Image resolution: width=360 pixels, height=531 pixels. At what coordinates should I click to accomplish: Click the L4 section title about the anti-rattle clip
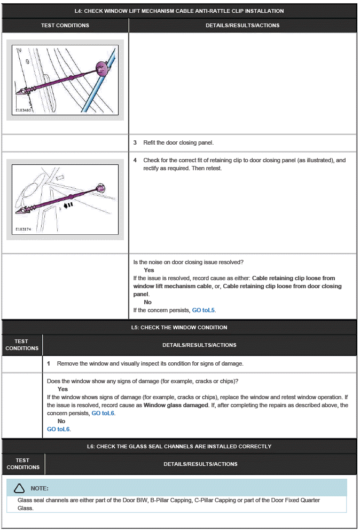(x=179, y=11)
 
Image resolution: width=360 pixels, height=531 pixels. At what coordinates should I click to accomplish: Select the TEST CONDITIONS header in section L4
(x=65, y=25)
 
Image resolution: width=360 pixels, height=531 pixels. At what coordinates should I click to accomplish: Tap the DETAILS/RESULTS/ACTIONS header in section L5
(x=199, y=345)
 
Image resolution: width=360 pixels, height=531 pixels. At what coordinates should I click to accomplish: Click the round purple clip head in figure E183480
(x=101, y=67)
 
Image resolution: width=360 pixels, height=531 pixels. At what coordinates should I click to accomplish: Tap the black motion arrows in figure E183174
(x=68, y=204)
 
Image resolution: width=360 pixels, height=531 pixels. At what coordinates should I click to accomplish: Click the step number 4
(x=135, y=160)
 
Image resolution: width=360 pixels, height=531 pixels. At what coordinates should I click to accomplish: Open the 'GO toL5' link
(x=204, y=310)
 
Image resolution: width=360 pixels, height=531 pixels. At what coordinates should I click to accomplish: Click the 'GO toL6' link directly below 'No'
(x=59, y=429)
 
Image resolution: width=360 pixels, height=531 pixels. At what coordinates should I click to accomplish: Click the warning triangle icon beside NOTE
(x=19, y=488)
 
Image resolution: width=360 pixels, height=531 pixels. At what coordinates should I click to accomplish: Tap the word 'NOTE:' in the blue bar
(x=40, y=488)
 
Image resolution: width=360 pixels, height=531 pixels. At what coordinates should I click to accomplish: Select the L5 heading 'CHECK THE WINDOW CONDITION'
(x=179, y=327)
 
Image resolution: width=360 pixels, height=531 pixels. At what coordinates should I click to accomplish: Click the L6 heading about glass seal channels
(x=179, y=446)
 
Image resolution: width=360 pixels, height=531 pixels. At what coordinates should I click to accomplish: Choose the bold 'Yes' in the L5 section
(x=62, y=389)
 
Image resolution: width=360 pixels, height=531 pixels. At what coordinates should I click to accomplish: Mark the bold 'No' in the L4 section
(x=147, y=302)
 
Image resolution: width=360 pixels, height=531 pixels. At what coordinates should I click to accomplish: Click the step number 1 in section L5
(x=49, y=363)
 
